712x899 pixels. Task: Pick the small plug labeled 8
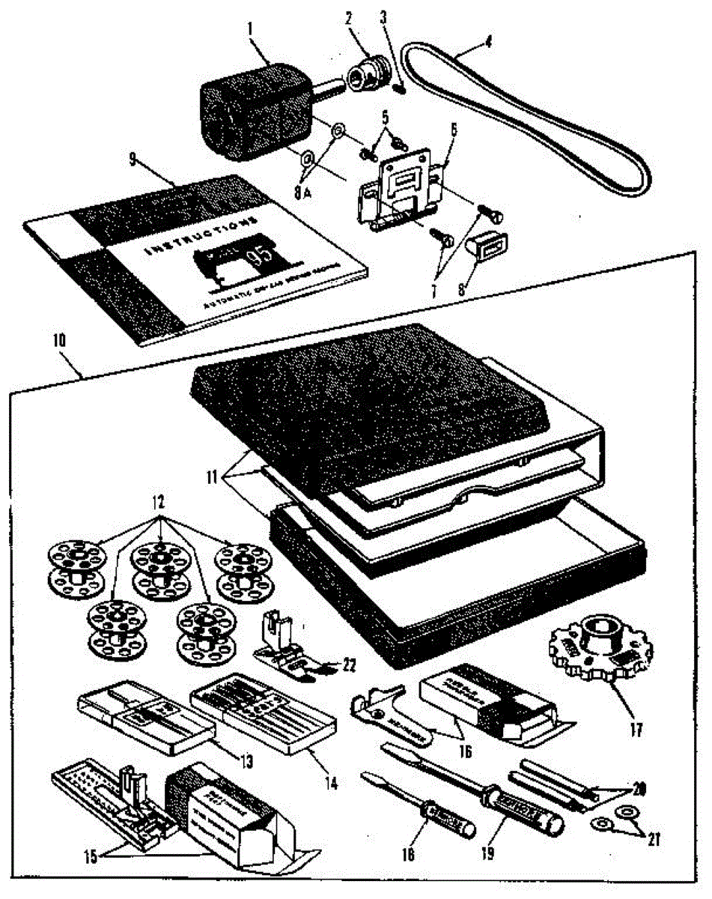(x=487, y=246)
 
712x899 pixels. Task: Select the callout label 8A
(x=301, y=193)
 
